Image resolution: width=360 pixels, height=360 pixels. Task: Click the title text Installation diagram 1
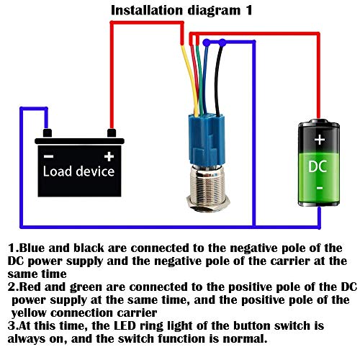point(180,9)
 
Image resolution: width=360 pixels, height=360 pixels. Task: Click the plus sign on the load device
point(109,156)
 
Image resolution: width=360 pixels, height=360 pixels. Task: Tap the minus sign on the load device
point(48,156)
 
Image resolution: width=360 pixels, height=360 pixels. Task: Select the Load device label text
point(78,172)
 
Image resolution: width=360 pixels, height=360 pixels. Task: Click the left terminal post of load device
point(47,133)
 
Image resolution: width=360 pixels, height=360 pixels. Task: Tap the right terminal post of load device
point(111,133)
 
